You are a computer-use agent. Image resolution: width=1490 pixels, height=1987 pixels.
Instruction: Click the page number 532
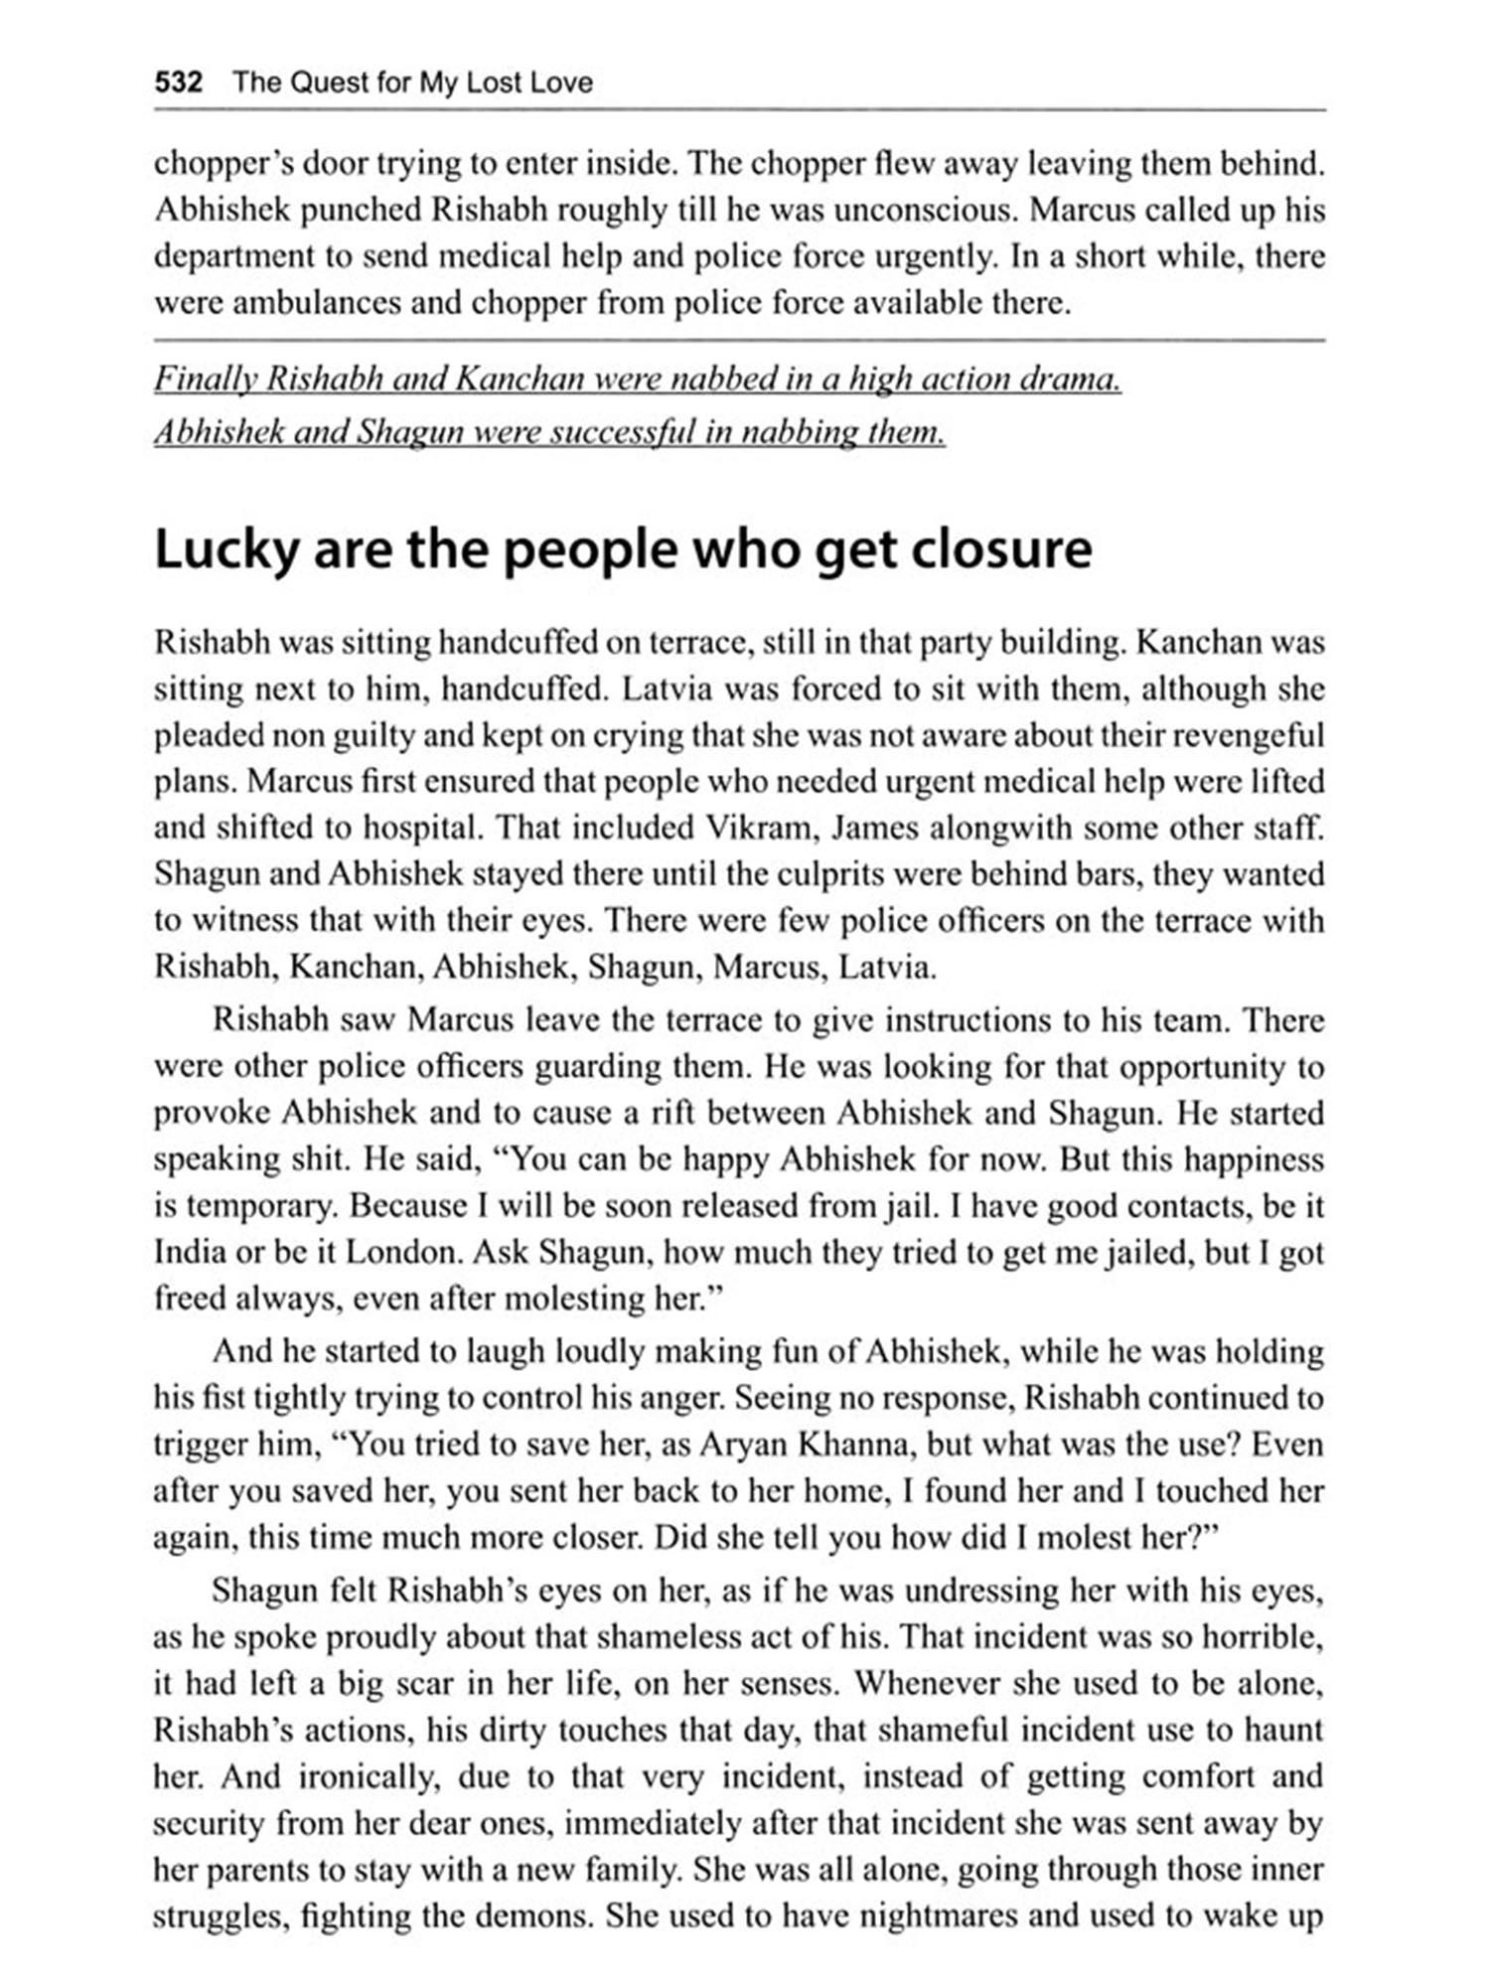[x=179, y=82]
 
